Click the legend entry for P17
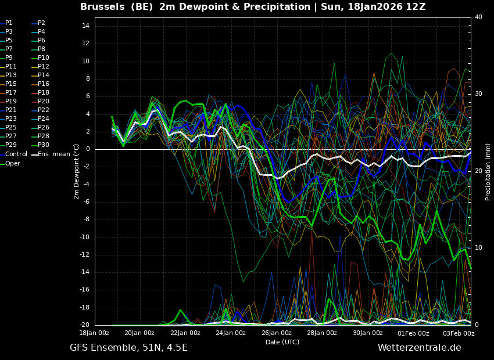(x=11, y=93)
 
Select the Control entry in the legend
(x=16, y=154)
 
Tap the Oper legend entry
(x=13, y=163)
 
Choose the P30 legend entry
(x=44, y=145)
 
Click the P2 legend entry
(x=41, y=23)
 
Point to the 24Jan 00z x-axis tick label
(x=231, y=333)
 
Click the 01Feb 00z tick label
(x=413, y=333)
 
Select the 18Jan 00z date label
(x=94, y=333)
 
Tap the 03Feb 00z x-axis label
(x=459, y=333)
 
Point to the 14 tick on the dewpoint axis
(x=85, y=26)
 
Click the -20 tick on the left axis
(x=84, y=325)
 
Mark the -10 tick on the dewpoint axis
(x=84, y=237)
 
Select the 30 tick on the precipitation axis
(x=478, y=93)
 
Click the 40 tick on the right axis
(x=478, y=17)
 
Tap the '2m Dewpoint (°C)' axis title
(x=77, y=171)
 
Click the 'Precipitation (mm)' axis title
(x=488, y=172)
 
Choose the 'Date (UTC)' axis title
(x=282, y=342)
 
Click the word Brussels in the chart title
(x=102, y=7)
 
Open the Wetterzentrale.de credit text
(x=419, y=348)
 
